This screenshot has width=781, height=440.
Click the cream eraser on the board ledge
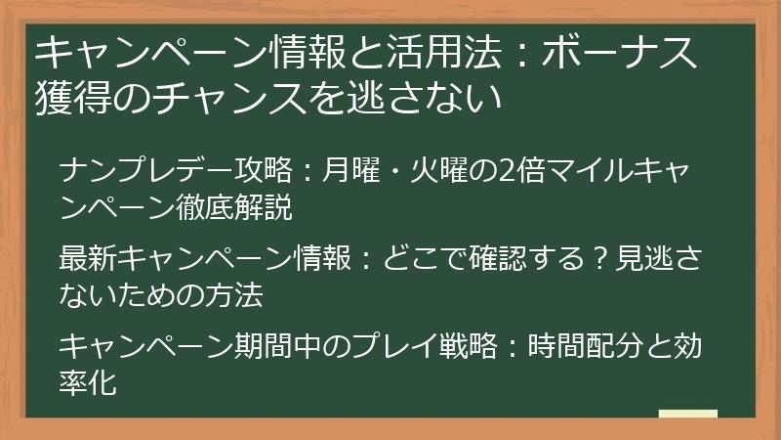coord(687,414)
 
